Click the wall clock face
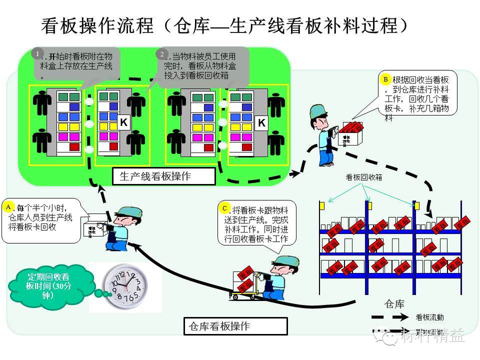tap(126, 287)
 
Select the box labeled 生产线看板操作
tap(165, 176)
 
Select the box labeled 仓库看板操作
tap(235, 326)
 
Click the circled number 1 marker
tap(37, 52)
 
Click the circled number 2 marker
tap(161, 53)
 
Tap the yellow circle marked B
tap(385, 79)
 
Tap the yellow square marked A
tap(8, 205)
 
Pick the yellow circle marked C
tap(225, 207)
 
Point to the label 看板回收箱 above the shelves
tap(364, 177)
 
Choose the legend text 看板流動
tap(429, 317)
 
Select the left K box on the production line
tap(124, 122)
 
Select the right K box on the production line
tap(261, 122)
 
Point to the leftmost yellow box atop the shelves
tap(322, 205)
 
